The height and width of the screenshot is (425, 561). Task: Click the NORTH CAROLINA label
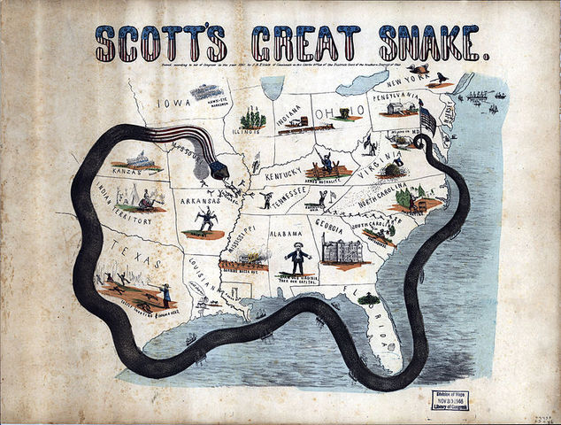click(389, 198)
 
